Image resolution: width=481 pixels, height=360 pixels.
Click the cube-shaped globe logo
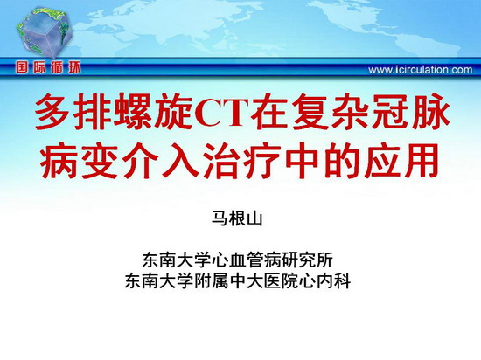[x=44, y=31]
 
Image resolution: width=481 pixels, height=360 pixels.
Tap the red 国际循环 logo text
[x=48, y=67]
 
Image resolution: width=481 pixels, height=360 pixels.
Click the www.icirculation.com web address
[x=421, y=70]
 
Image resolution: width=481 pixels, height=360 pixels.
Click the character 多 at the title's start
[x=52, y=112]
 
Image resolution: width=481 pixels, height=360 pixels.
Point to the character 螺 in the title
[x=133, y=112]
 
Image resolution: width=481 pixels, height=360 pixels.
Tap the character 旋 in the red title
[x=173, y=112]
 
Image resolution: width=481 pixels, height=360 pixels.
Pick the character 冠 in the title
[x=390, y=112]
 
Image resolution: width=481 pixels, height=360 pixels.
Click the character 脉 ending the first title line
[x=430, y=112]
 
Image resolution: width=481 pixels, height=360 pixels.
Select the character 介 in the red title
[x=141, y=161]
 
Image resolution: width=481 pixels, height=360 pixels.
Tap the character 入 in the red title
[x=181, y=161]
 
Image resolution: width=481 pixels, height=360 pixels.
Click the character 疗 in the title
[x=261, y=161]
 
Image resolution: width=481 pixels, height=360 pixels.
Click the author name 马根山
[x=237, y=218]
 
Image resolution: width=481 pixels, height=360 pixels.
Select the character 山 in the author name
[x=254, y=218]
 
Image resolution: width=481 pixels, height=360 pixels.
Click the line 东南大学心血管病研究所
[x=237, y=260]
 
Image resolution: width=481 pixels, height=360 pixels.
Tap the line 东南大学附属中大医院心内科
[x=237, y=280]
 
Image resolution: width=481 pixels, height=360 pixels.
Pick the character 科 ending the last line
[x=342, y=280]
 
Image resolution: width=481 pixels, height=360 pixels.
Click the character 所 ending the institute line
[x=325, y=260]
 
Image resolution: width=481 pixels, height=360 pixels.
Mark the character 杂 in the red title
[x=350, y=112]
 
